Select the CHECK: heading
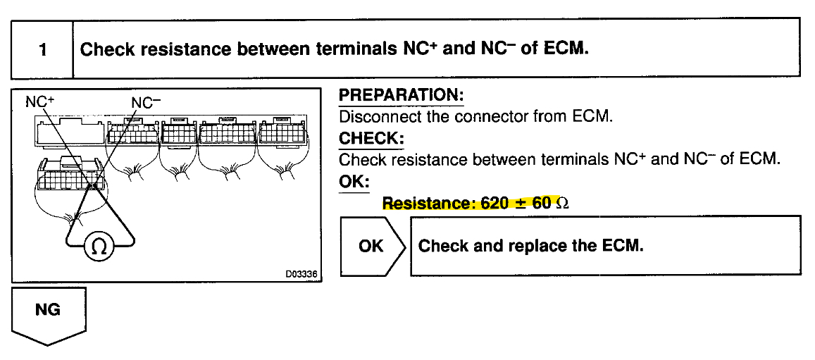pyautogui.click(x=371, y=138)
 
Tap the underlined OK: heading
pyautogui.click(x=354, y=181)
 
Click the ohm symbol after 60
pyautogui.click(x=562, y=204)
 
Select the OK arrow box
pyautogui.click(x=372, y=245)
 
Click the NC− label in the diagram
pyautogui.click(x=146, y=101)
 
